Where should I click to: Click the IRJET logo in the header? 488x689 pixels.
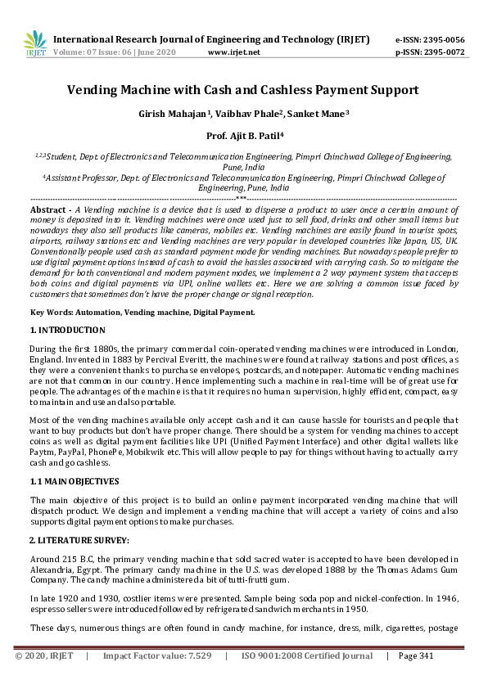tap(35, 43)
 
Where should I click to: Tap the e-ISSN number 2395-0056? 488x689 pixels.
tap(442, 39)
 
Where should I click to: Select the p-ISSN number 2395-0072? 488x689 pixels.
tap(442, 52)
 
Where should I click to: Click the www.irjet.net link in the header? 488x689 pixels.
tap(234, 52)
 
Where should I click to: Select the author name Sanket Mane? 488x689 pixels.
tap(319, 114)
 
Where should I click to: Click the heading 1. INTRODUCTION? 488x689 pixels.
tap(67, 331)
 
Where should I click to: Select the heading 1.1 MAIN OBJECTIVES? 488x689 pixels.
tap(75, 481)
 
